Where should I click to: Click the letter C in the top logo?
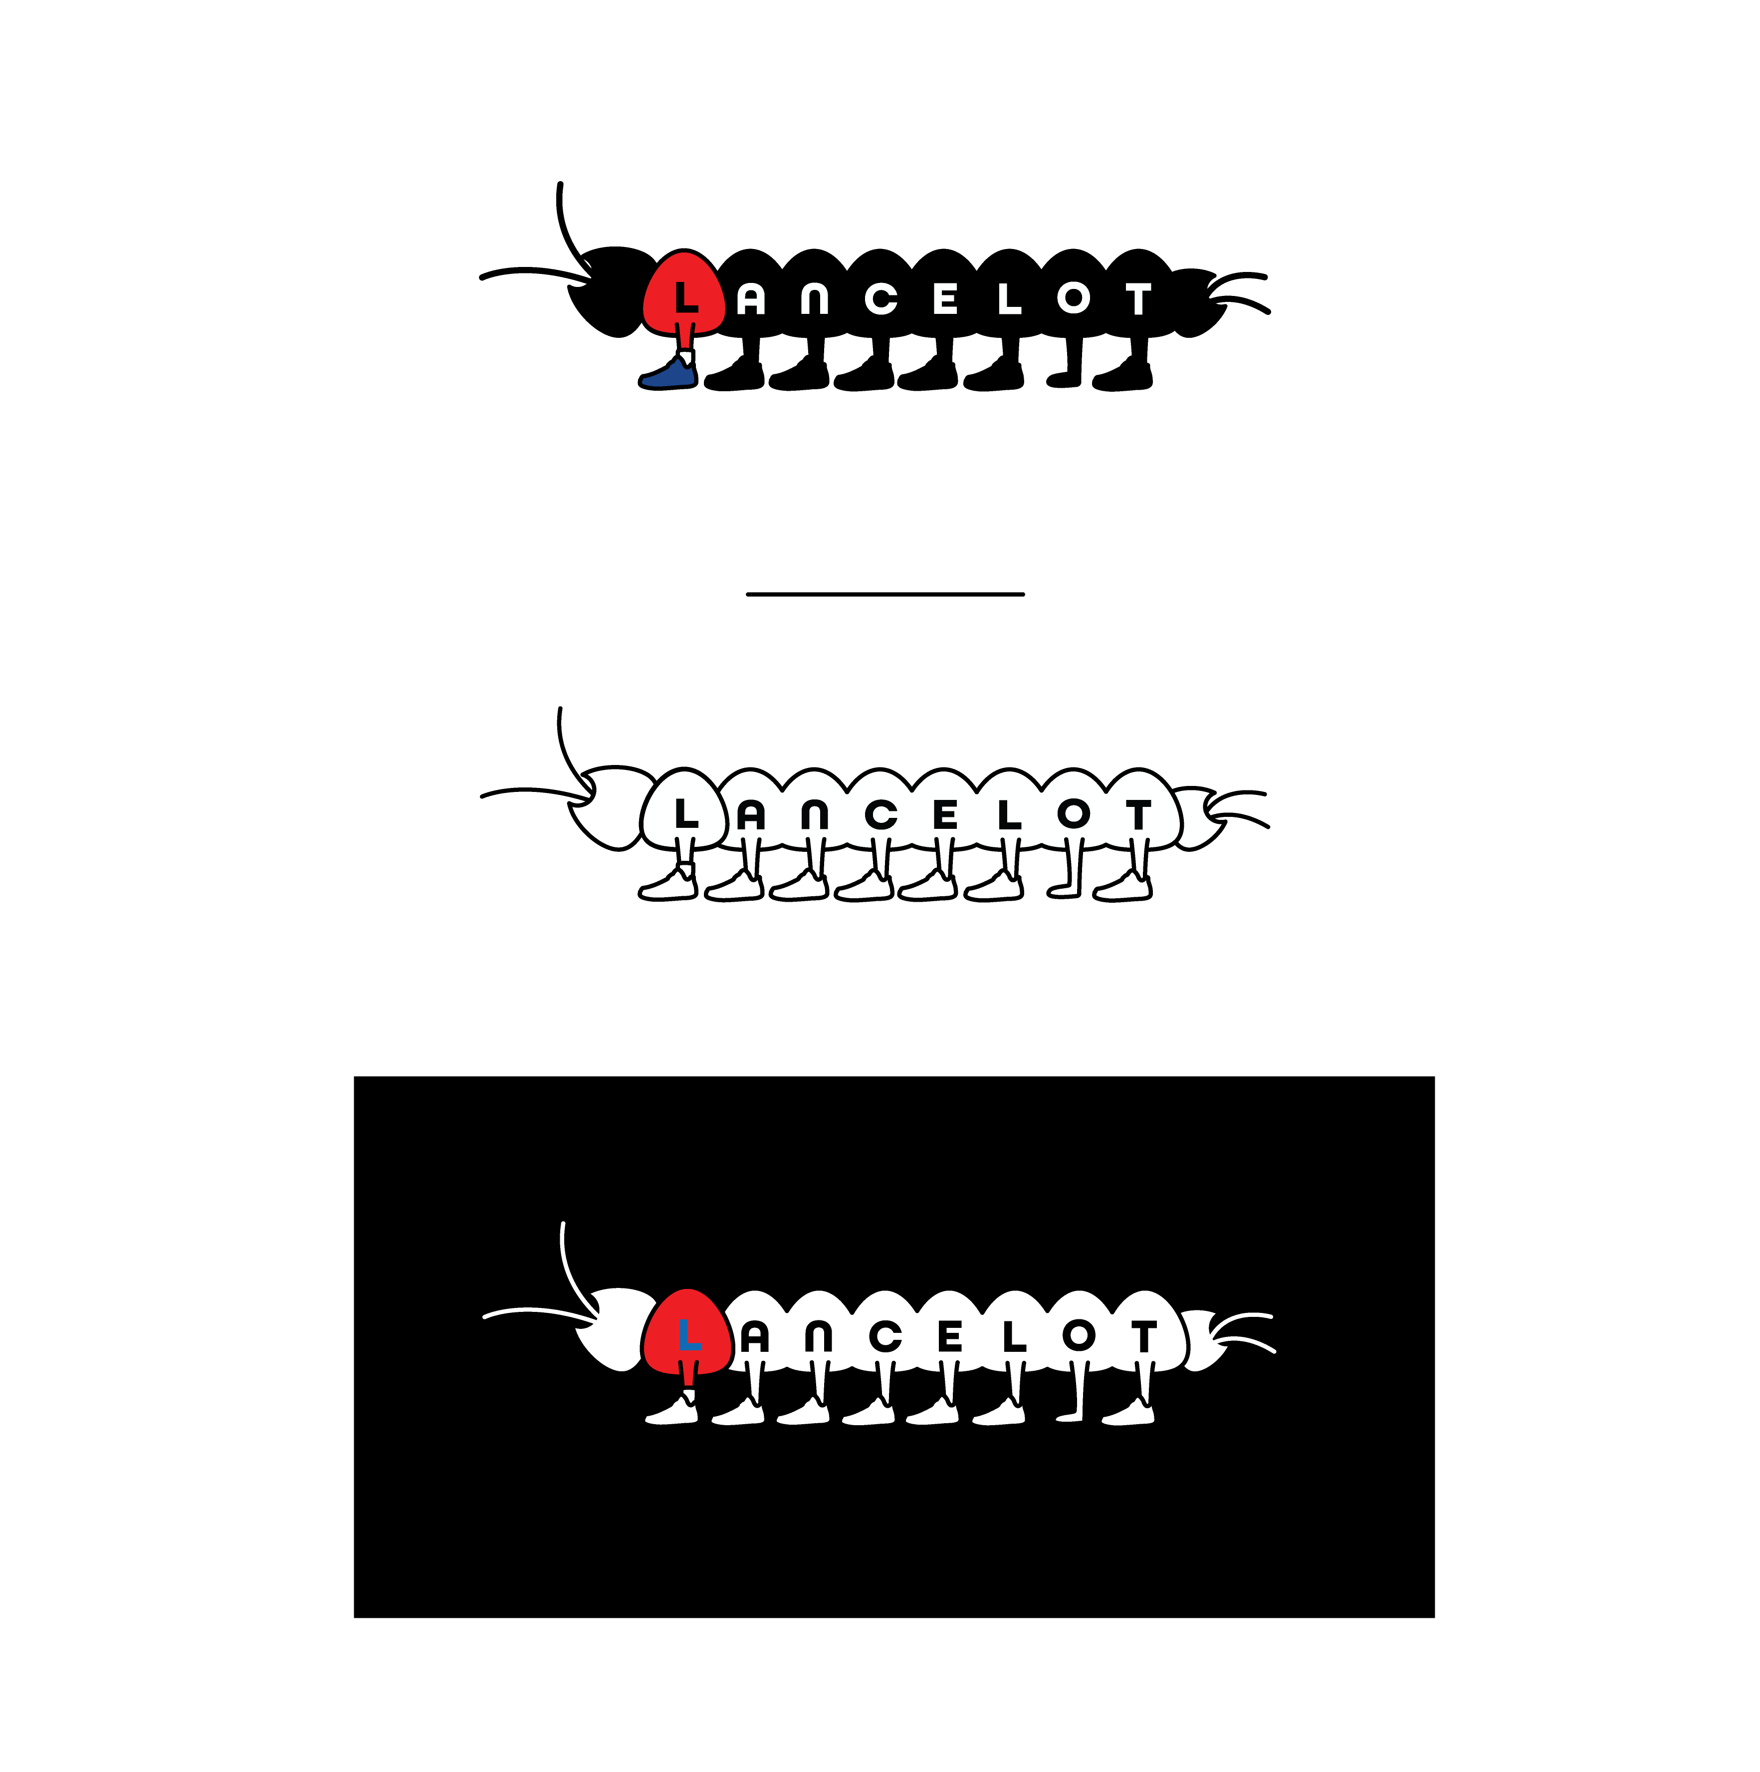880,299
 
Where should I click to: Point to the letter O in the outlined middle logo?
1073,813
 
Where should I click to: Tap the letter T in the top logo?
1138,299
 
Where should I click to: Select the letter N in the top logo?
815,299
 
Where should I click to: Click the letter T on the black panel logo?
1143,1337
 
